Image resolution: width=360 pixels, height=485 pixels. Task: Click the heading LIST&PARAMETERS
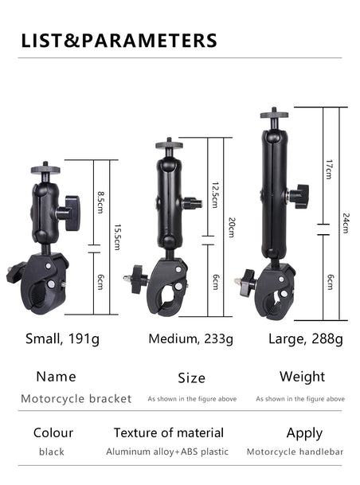119,41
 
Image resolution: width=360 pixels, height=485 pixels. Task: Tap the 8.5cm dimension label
101,202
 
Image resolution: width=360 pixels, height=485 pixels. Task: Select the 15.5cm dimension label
117,237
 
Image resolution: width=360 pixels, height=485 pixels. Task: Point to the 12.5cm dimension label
215,194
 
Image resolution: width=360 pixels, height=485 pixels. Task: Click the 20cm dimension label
232,227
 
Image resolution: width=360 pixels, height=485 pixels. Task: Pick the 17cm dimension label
330,170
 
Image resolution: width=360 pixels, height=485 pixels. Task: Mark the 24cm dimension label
346,223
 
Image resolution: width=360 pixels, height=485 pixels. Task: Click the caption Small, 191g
62,339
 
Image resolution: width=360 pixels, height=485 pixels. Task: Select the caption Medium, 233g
191,339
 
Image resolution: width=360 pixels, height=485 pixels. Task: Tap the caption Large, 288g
306,339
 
